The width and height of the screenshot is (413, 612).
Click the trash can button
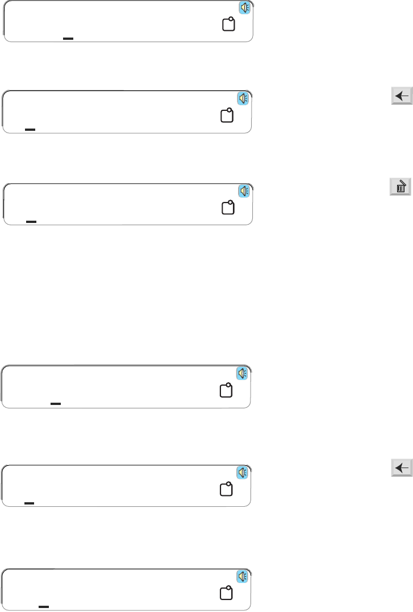(401, 187)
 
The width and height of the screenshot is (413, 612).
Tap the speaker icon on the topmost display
(245, 7)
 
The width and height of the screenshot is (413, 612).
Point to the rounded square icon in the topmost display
(228, 25)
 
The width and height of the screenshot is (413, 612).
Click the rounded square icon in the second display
(227, 115)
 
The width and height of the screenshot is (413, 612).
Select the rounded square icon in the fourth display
(226, 390)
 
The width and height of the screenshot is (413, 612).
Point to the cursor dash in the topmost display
(68, 38)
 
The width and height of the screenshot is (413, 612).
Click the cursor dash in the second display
(30, 130)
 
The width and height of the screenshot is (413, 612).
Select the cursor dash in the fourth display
(55, 403)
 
